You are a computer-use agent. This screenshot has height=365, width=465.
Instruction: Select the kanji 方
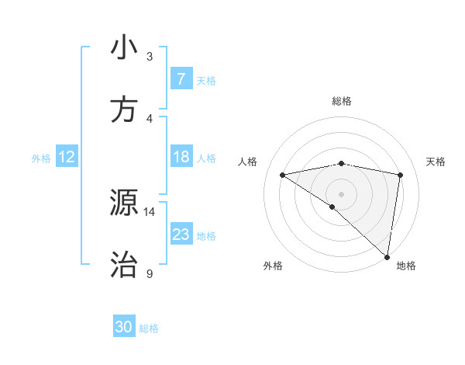[x=124, y=110]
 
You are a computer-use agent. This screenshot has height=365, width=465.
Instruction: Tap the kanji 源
[x=124, y=203]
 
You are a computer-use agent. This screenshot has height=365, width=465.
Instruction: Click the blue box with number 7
[x=181, y=79]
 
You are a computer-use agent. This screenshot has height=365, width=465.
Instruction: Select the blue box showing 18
[x=181, y=158]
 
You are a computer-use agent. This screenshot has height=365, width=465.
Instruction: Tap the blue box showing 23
[x=181, y=235]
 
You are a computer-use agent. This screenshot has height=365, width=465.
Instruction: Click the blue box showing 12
[x=67, y=158]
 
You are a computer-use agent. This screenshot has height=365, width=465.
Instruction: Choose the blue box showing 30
[x=124, y=328]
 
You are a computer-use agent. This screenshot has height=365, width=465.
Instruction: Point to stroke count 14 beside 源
[x=149, y=211]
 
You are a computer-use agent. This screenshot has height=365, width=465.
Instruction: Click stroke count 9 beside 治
[x=149, y=274]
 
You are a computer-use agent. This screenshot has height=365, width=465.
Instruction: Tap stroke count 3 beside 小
[x=149, y=56]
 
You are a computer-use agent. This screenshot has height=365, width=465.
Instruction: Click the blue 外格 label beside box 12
[x=41, y=158]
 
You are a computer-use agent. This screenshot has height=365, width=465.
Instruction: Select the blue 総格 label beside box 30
[x=149, y=328]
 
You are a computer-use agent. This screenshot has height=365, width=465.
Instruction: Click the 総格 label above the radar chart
[x=341, y=101]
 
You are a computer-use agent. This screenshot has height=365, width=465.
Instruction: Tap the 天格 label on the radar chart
[x=436, y=162]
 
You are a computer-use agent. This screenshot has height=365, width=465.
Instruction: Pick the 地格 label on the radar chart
[x=406, y=266]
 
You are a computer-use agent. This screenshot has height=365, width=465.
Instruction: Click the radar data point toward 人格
[x=283, y=175]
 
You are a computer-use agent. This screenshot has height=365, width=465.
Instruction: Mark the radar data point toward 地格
[x=387, y=256]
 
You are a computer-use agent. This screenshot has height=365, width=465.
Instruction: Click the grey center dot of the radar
[x=341, y=193]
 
